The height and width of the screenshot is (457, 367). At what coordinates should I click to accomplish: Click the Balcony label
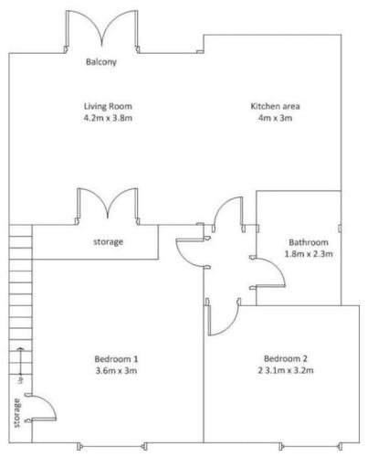(101, 62)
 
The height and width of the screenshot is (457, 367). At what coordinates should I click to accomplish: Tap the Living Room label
(108, 106)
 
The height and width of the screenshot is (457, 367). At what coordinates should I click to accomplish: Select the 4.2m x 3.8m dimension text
(108, 118)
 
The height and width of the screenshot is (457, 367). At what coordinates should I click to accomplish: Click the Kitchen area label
(275, 106)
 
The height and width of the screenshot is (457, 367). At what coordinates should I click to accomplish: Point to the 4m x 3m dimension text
(275, 118)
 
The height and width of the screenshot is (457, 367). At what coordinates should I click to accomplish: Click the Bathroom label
(309, 242)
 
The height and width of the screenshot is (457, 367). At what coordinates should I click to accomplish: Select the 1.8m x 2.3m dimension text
(309, 254)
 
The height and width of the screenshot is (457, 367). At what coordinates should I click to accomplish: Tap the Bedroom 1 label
(116, 359)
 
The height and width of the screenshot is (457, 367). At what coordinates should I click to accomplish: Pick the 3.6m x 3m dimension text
(116, 370)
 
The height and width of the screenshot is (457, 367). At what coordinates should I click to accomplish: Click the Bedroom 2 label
(286, 358)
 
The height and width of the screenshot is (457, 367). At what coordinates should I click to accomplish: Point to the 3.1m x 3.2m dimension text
(288, 370)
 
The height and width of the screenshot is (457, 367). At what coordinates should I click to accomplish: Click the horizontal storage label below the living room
(108, 242)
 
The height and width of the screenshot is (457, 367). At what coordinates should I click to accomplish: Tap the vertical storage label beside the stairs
(17, 413)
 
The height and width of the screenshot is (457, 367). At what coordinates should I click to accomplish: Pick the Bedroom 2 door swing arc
(230, 326)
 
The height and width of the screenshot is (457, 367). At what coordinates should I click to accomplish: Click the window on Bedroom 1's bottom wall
(112, 447)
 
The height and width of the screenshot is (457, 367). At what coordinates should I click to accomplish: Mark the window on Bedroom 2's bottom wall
(310, 447)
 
